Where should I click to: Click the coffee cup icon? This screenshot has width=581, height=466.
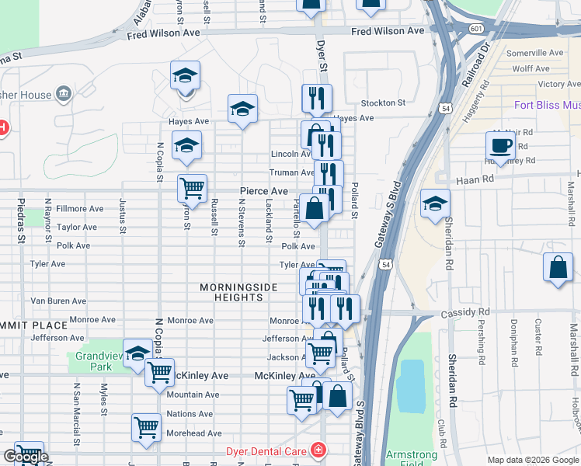click(x=499, y=144)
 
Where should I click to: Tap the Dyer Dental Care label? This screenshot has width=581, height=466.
click(x=266, y=450)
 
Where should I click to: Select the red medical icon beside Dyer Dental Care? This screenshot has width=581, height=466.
click(x=317, y=450)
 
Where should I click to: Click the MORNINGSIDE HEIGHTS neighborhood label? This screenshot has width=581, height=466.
click(x=238, y=293)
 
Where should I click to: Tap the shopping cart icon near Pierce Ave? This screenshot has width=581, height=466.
click(x=192, y=187)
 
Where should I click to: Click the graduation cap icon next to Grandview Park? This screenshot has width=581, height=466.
click(x=137, y=352)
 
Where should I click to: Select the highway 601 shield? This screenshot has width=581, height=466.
click(x=475, y=28)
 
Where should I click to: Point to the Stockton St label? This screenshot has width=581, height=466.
click(x=383, y=103)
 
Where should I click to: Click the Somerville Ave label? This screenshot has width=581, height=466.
click(x=534, y=53)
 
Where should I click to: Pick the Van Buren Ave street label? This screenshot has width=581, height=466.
click(x=58, y=301)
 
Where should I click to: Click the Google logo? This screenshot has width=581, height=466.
click(x=25, y=457)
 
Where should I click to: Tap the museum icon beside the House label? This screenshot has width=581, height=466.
click(x=64, y=95)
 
